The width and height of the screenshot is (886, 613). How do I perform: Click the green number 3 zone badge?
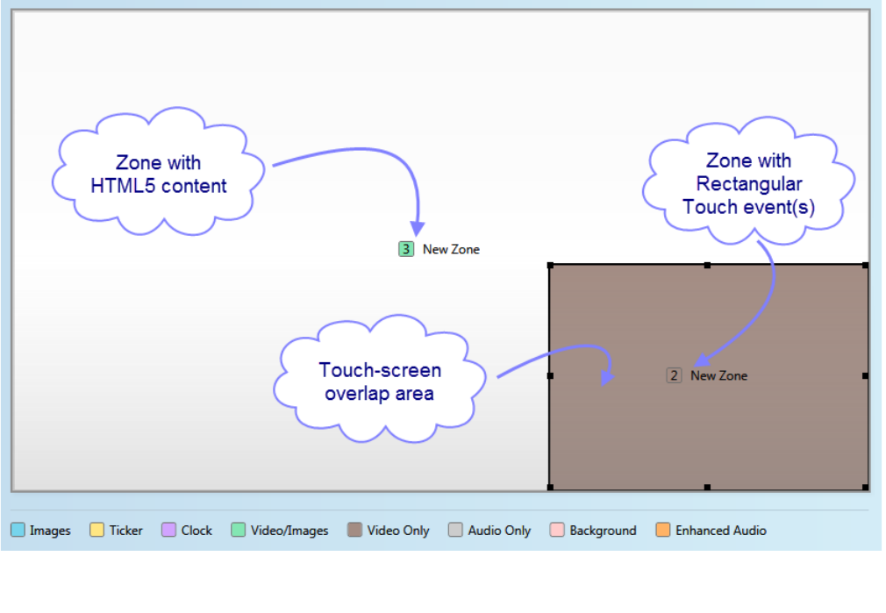pos(405,249)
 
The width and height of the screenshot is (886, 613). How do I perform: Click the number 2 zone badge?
pos(674,375)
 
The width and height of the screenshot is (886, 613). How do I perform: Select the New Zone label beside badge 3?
pos(451,249)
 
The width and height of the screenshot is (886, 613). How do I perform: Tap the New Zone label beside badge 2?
pos(719,375)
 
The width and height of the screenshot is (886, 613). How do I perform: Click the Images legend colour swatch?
pos(18,530)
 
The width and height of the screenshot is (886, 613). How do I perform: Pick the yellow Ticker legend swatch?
pos(96,530)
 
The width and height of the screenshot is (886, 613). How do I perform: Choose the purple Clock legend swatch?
pos(169,530)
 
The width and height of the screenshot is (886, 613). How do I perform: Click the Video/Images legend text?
pos(289,531)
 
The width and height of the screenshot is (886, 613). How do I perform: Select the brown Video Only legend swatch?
pos(354,530)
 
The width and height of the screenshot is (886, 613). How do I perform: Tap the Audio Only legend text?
pos(499,531)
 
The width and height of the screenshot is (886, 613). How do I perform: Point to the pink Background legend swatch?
pos(557,530)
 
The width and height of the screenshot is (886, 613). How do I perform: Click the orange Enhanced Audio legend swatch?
pos(663,530)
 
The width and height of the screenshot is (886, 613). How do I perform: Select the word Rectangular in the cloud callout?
pos(749,184)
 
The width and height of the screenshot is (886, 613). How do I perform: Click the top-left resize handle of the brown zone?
pos(550,265)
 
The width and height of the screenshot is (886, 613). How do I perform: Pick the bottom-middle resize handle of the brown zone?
pos(708,487)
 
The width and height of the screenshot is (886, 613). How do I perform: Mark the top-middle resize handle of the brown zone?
pos(708,265)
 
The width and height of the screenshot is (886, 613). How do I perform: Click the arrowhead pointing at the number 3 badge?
pos(418,225)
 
